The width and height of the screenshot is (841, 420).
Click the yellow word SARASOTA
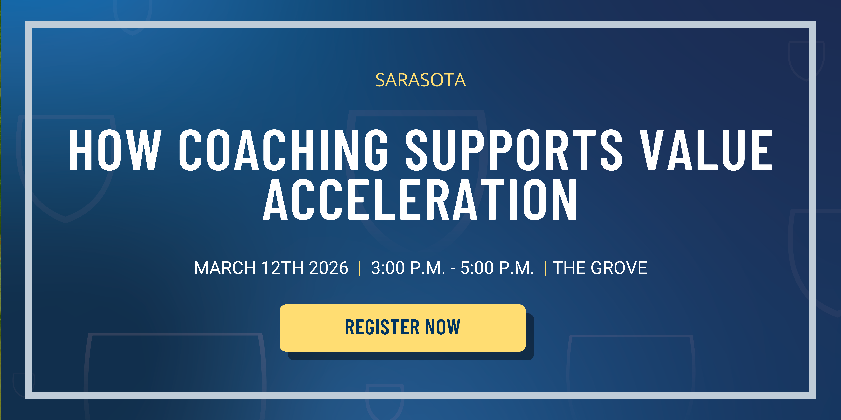[x=420, y=80]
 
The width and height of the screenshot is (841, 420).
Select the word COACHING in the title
[x=283, y=150]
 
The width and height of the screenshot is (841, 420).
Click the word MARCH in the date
[x=225, y=268]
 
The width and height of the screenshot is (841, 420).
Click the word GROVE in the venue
[x=619, y=268]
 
